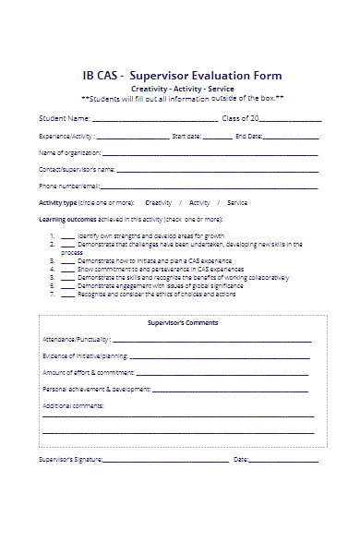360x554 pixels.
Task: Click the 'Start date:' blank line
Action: pos(219,138)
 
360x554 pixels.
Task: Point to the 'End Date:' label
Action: pos(248,136)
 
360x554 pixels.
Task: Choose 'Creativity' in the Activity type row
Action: pos(159,202)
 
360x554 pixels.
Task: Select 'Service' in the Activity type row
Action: pos(237,202)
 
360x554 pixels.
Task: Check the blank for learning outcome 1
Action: pos(67,237)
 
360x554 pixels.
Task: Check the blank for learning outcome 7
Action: pos(67,295)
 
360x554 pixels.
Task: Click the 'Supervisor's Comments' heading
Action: pos(183,323)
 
